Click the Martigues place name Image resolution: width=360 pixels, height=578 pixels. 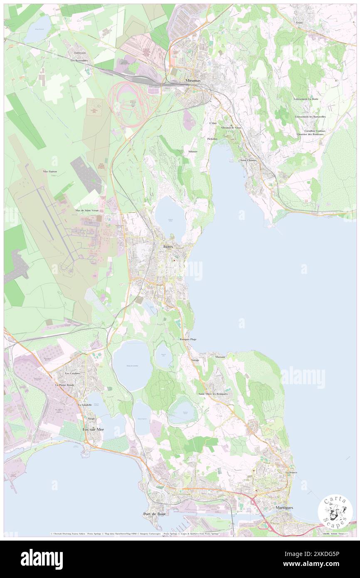[284, 508]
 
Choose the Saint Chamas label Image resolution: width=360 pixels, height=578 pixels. [249, 160]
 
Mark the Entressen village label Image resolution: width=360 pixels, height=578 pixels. [79, 53]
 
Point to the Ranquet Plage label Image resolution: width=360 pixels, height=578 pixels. [188, 339]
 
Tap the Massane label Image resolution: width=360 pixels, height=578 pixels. [220, 357]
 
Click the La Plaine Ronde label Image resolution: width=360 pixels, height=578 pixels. [64, 385]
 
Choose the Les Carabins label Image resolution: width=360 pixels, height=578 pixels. [73, 373]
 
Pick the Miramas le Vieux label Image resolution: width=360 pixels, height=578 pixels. [231, 128]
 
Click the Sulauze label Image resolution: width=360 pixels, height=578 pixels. [192, 151]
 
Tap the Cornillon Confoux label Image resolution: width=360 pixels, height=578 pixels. [314, 131]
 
